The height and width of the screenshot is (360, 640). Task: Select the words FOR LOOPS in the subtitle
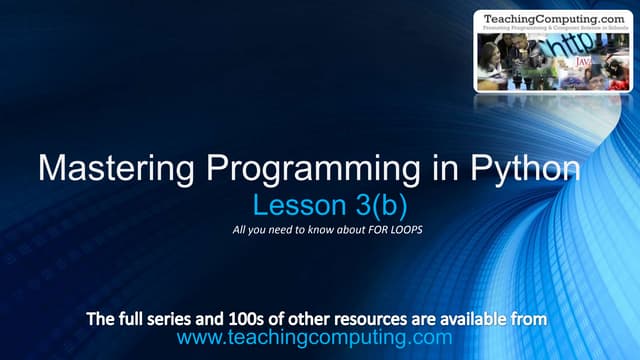click(x=400, y=234)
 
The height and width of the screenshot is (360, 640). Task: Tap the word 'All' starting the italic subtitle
click(x=235, y=234)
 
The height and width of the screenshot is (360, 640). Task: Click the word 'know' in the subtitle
click(x=316, y=234)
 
